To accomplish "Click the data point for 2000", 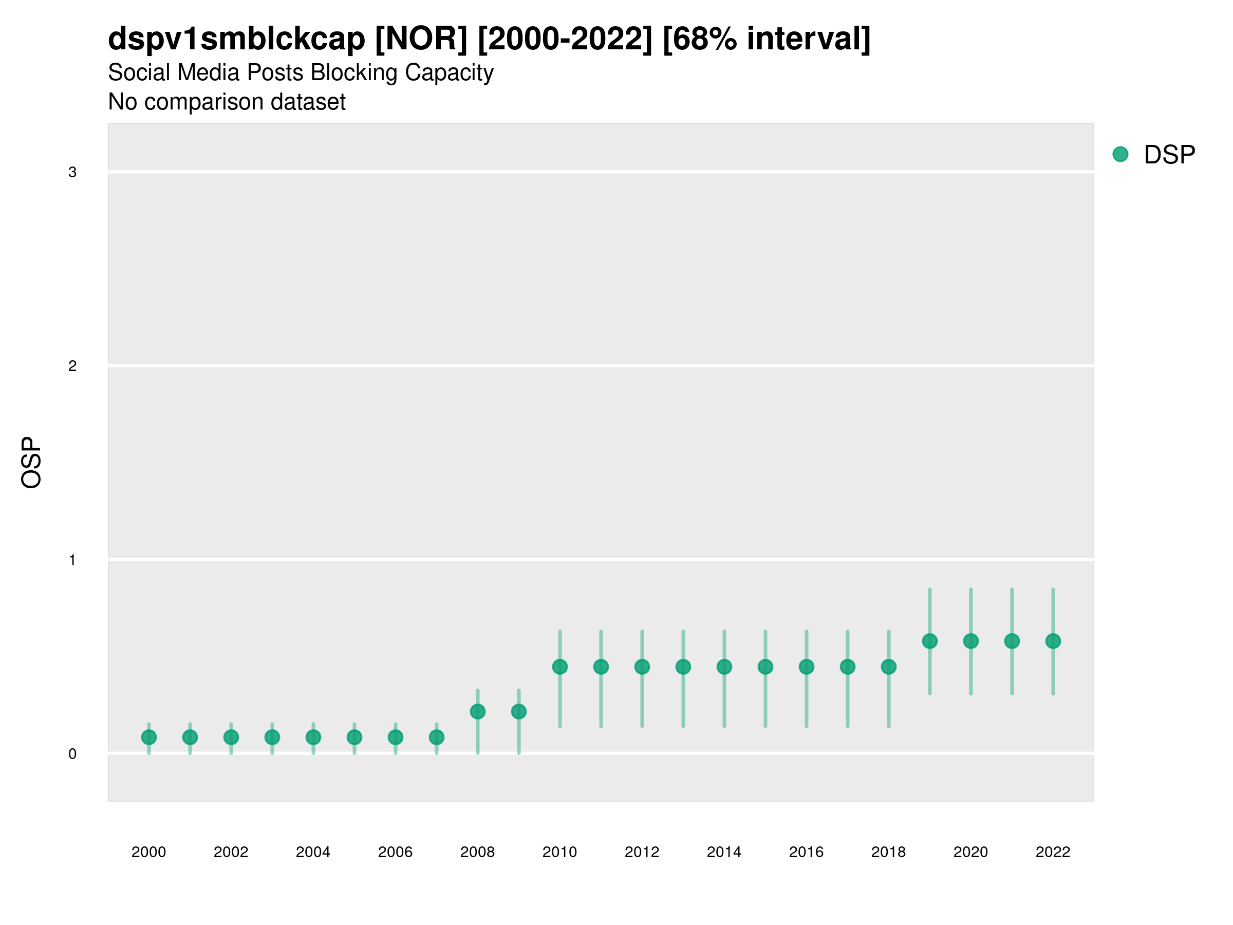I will (149, 737).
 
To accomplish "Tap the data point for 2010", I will (559, 667).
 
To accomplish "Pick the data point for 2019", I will (930, 641).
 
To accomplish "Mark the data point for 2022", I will (1053, 641).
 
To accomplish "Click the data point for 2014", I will (724, 667).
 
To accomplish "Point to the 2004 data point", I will (313, 737).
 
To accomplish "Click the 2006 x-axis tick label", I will (395, 852).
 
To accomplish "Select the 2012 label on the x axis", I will (642, 852).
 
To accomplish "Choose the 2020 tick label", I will (970, 852).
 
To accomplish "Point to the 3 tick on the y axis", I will (72, 172).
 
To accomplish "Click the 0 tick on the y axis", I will (72, 754).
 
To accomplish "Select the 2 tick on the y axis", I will (72, 366).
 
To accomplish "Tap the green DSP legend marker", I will (1120, 155).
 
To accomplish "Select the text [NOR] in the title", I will (421, 39).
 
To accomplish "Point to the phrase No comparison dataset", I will (227, 102).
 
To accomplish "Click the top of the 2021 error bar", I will (1012, 589).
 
